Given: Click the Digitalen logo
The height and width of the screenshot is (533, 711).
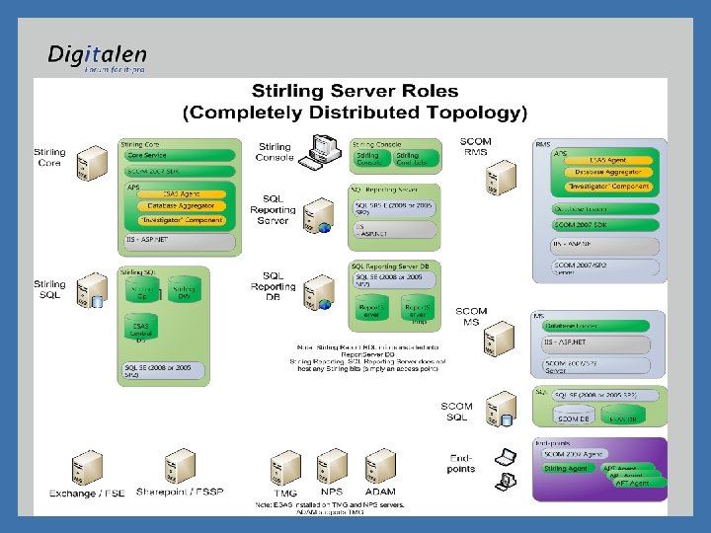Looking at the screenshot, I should [x=97, y=57].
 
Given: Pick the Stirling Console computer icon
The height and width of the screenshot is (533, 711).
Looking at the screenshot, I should [x=322, y=152].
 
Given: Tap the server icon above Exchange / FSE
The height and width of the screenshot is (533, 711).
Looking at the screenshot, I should [x=87, y=468].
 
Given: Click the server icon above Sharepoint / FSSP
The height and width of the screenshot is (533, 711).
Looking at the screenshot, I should [x=181, y=466].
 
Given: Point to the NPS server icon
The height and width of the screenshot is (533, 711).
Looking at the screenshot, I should [x=332, y=466].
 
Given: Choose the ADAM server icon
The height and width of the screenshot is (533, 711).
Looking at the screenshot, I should [x=380, y=466].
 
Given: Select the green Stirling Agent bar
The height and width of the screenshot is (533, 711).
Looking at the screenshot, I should [x=567, y=469].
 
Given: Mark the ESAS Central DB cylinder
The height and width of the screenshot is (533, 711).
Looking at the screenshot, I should [x=141, y=331].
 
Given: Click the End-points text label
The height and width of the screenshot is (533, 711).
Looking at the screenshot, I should [x=461, y=463].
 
